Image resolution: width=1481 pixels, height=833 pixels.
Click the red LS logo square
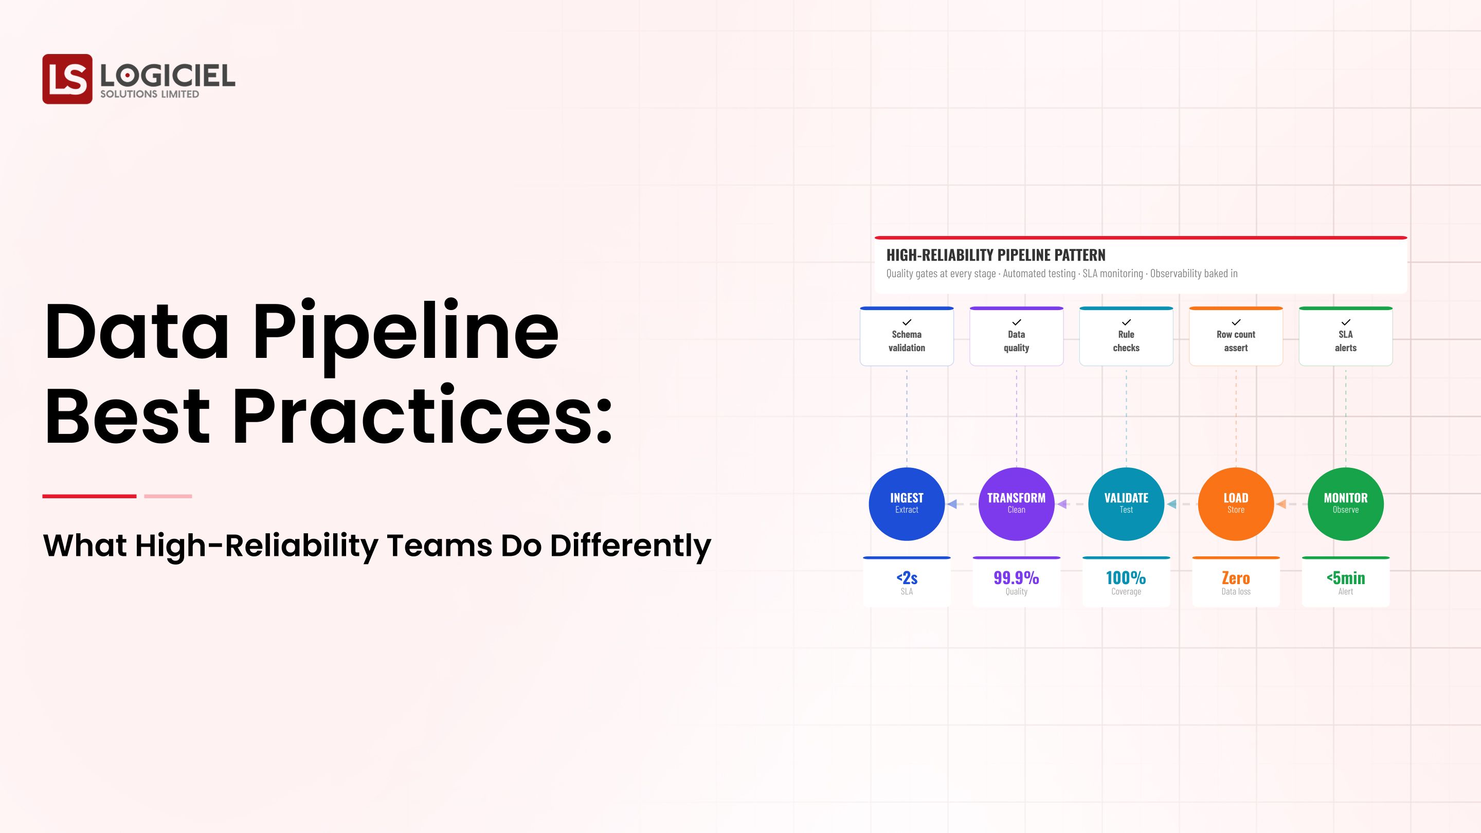click(x=67, y=79)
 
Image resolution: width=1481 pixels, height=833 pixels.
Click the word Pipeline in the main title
click(x=405, y=332)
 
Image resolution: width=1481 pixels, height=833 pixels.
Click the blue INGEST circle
click(x=906, y=503)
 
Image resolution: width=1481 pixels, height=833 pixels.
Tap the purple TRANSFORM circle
click(x=1016, y=503)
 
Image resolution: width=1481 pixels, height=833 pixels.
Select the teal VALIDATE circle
click(x=1126, y=503)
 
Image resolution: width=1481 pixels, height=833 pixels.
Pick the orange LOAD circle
click(x=1236, y=503)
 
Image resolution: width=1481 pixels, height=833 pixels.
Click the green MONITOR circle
click(x=1345, y=503)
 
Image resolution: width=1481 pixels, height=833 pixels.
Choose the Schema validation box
click(x=907, y=337)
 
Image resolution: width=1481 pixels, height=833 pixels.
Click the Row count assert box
click(x=1236, y=337)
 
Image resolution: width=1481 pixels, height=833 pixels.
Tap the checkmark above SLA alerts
click(x=1345, y=322)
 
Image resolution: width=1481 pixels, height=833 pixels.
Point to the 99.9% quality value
click(x=1016, y=578)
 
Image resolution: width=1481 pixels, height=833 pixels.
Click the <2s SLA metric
click(x=907, y=578)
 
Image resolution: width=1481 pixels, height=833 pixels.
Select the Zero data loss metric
click(x=1236, y=578)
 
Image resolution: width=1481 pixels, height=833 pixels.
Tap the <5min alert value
click(x=1345, y=578)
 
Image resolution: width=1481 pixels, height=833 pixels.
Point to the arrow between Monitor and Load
click(x=1281, y=504)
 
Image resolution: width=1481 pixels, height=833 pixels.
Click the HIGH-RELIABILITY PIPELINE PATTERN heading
click(x=995, y=255)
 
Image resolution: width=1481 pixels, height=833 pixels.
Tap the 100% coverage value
click(x=1126, y=578)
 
